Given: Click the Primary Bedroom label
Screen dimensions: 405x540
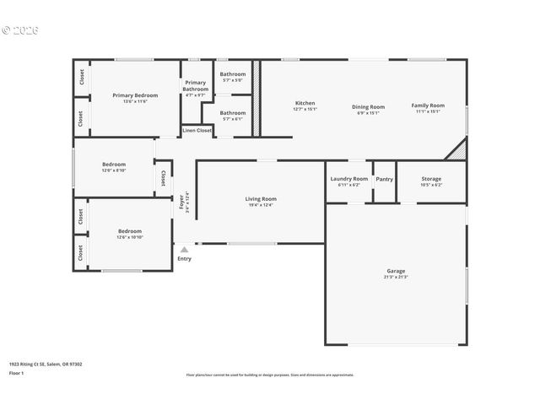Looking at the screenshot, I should [x=135, y=95].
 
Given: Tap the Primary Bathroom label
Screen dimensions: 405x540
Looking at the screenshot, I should [x=196, y=85].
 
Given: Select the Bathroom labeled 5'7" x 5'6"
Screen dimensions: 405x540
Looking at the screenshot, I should [x=233, y=74].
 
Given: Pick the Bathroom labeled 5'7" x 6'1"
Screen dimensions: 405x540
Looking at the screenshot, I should [x=233, y=112].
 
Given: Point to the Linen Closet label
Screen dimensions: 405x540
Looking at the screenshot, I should [x=197, y=131].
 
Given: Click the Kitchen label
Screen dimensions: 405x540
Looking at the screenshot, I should [x=305, y=104].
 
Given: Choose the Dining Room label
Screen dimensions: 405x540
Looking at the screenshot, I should [x=368, y=106].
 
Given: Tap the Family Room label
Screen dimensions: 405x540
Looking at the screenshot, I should [x=428, y=105].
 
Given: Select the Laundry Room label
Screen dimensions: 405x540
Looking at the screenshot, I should [x=348, y=179].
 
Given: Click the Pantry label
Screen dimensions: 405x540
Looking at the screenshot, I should [x=385, y=179].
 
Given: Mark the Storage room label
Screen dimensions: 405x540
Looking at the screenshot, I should [x=431, y=179].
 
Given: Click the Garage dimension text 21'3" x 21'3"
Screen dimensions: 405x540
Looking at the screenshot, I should [x=397, y=277].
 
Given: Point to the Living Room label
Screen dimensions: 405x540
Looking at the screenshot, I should [x=262, y=199].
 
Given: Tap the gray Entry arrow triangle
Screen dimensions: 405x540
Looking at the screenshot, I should [x=184, y=250].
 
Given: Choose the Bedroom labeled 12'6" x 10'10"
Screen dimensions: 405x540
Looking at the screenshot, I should [x=130, y=231].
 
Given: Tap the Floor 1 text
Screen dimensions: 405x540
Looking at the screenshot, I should [x=17, y=373].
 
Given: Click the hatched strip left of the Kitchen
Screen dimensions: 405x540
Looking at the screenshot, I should [x=256, y=98].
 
